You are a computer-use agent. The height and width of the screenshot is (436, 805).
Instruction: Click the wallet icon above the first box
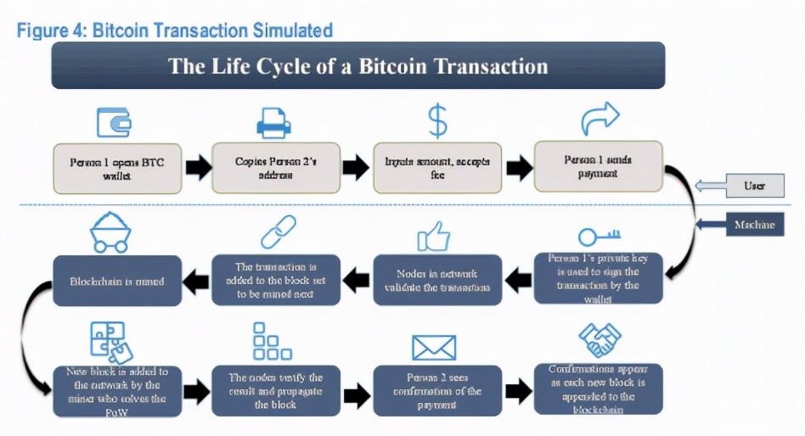point(114,122)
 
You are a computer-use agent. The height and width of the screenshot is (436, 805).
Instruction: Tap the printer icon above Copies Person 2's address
point(273,124)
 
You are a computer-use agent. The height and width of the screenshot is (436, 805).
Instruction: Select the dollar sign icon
point(436,122)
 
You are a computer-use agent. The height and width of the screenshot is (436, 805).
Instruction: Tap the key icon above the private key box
point(600,235)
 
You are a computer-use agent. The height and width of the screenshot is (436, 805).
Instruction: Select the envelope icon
point(434,347)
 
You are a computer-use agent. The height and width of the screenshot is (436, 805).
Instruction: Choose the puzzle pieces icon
point(109,343)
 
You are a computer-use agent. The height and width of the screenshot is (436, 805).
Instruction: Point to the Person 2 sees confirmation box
point(436,391)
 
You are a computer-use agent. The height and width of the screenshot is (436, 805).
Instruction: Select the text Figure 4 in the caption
point(53,31)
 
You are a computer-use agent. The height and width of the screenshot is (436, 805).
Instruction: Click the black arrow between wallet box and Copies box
point(197,167)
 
